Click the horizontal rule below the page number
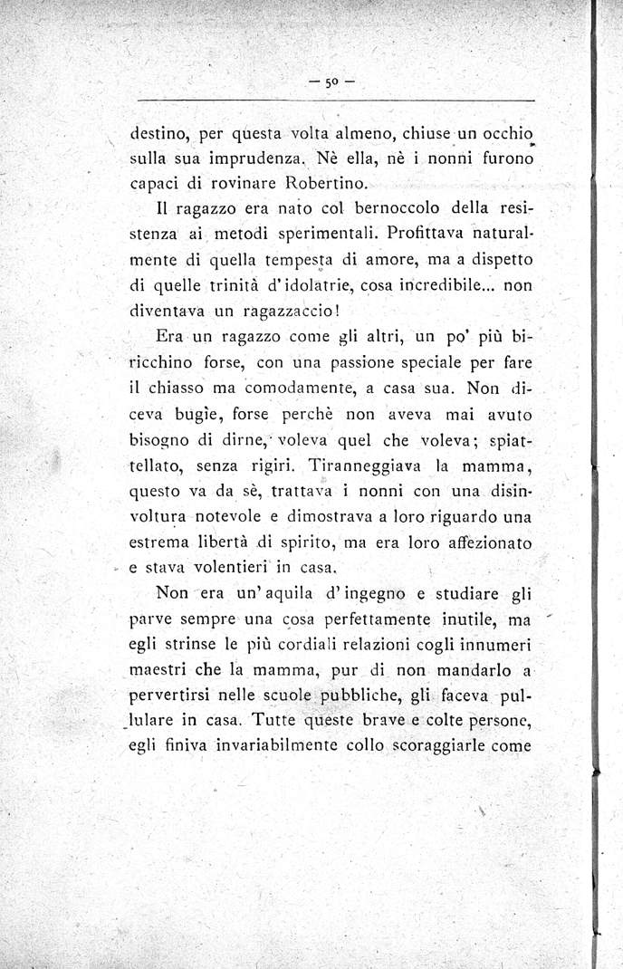pyautogui.click(x=336, y=100)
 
